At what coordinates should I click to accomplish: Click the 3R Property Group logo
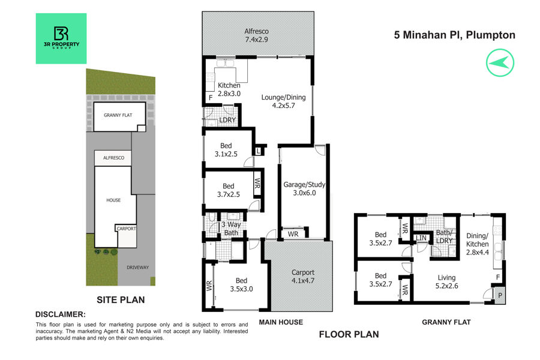pos(61,38)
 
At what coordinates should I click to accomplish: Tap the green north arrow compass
pos(500,62)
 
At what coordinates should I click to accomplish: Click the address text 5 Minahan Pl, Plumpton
pos(455,35)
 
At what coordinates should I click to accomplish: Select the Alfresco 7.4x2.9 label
pos(257,35)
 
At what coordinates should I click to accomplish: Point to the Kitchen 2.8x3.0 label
pos(229,89)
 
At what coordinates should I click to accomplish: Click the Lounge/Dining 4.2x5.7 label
pos(283,101)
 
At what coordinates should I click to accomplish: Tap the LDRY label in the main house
pos(227,120)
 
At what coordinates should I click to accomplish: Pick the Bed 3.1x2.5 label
pos(226,150)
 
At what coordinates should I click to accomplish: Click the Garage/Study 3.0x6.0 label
pos(304,188)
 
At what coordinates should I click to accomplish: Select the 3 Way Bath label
pos(231,229)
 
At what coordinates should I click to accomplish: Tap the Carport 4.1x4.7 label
pos(303,276)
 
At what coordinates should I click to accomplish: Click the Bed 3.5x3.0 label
pos(241,285)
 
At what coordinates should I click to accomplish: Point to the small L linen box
pos(258,151)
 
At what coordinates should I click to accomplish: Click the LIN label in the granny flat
pos(421,238)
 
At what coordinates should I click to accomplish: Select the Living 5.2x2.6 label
pos(446,281)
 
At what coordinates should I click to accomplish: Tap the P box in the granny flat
pos(500,296)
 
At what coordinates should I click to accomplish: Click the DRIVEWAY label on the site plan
pos(138,268)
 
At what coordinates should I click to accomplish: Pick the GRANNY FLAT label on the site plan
pos(118,115)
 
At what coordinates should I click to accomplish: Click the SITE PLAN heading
pos(121,300)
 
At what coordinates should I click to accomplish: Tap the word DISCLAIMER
pos(60,314)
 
